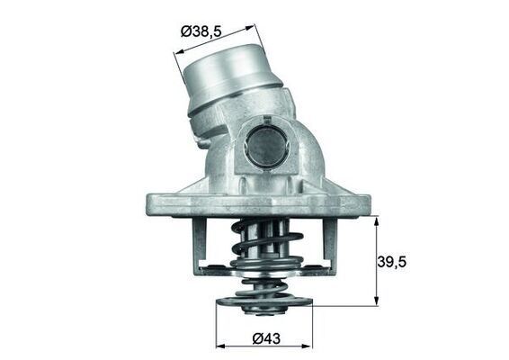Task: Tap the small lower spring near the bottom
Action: [x=262, y=290]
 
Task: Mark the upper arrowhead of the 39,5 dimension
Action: [x=376, y=220]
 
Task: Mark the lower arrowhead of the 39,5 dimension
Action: [x=376, y=302]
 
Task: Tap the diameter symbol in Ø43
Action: [x=256, y=338]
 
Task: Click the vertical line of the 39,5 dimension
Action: [x=376, y=261]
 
